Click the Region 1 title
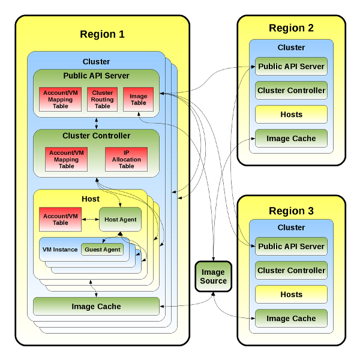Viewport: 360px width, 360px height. click(102, 34)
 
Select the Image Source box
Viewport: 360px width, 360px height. click(213, 277)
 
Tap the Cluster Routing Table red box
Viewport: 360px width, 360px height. click(103, 100)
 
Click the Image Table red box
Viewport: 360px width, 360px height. click(138, 100)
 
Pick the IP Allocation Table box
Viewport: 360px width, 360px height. click(126, 159)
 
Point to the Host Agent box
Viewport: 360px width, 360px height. click(120, 220)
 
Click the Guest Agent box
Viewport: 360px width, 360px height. click(103, 250)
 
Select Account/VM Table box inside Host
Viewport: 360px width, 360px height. click(60, 220)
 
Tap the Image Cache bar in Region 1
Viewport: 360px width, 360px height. click(96, 307)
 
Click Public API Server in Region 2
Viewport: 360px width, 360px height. click(291, 67)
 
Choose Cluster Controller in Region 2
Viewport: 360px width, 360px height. click(291, 91)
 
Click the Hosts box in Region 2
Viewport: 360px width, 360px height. click(291, 115)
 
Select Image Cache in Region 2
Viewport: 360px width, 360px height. click(291, 139)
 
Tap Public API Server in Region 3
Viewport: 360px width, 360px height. click(291, 247)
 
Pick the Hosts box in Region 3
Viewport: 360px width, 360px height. click(291, 295)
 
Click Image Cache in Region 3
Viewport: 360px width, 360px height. click(291, 319)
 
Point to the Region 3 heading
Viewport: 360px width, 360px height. click(291, 211)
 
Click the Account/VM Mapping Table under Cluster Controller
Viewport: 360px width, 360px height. click(66, 159)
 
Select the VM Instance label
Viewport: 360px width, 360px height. click(60, 250)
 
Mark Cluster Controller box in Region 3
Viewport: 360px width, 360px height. click(291, 271)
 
